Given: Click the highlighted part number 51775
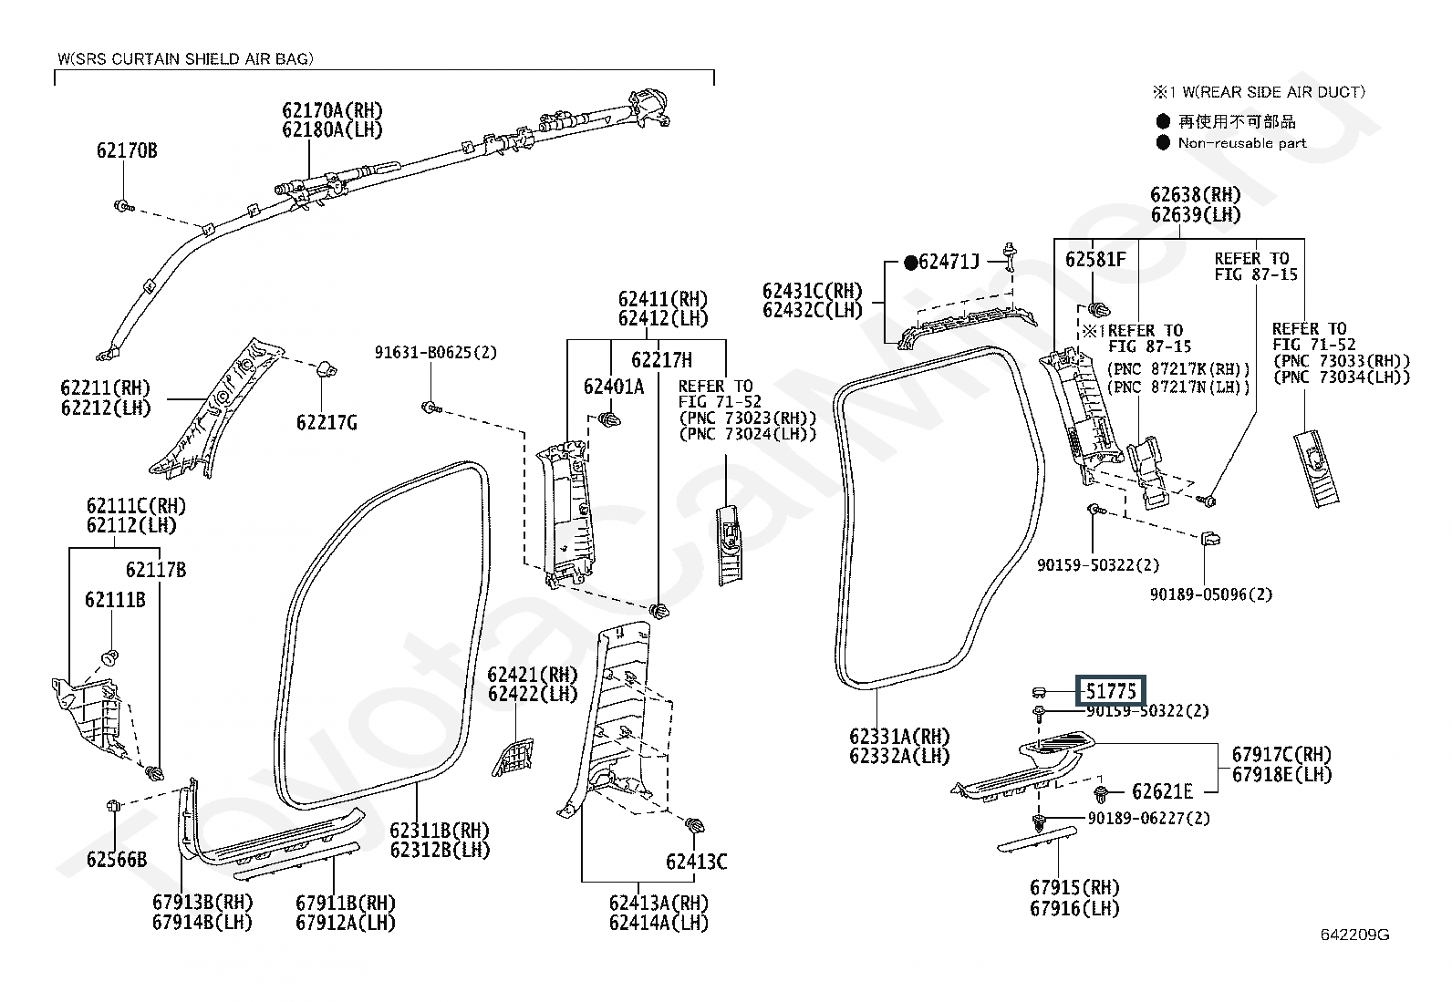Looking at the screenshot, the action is pos(1111,690).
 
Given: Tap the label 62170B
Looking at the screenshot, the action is pos(127,151).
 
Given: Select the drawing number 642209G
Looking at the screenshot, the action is pos(1354,934).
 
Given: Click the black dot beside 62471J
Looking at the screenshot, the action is pos(910,263).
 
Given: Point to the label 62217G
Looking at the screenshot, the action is pos(327,422).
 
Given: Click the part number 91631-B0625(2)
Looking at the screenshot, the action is pos(436,353).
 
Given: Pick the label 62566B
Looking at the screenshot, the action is pos(117,860).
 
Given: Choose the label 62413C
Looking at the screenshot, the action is pos(696,862).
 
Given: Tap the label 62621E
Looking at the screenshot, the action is pos(1162,791).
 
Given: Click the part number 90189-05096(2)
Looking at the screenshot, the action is pos(1211,594).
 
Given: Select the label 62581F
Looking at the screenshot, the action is pos(1095,259).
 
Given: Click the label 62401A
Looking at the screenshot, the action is pos(613,387).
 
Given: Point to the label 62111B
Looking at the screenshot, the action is pos(116,600).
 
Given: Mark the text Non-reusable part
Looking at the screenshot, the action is pos(1242,143).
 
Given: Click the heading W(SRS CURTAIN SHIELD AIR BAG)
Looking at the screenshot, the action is pos(185,59).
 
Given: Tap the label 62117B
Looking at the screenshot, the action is pos(156,570).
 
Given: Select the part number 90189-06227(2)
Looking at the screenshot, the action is pos(1148,819).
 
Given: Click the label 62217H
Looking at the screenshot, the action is pos(662,360).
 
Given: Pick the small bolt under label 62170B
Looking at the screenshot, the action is pos(123,206).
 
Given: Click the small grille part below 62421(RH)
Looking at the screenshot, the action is pos(513,757).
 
